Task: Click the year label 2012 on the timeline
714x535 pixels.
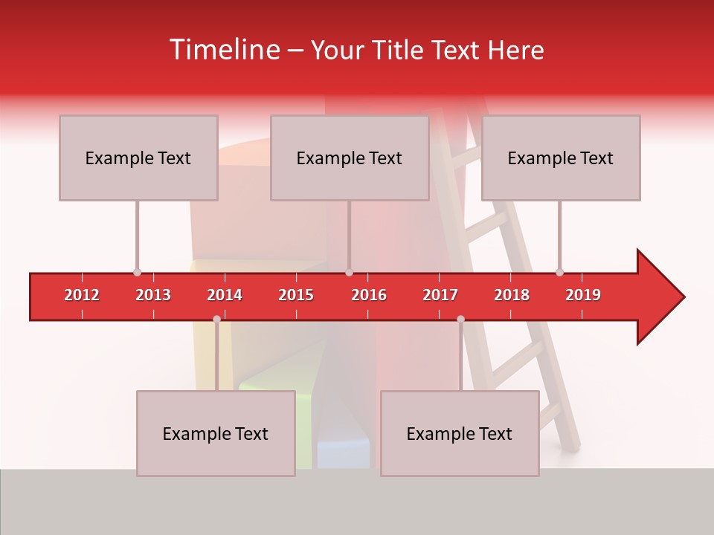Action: click(x=82, y=295)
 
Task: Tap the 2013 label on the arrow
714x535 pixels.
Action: click(x=153, y=295)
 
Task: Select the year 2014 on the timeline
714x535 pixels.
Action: click(x=225, y=295)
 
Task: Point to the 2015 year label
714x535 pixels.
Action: click(x=296, y=295)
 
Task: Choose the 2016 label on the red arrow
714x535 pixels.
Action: click(x=369, y=295)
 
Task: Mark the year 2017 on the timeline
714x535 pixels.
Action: click(x=440, y=295)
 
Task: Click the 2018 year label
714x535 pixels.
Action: click(x=512, y=295)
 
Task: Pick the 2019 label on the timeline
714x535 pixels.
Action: click(x=583, y=295)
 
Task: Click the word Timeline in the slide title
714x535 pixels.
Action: click(x=223, y=50)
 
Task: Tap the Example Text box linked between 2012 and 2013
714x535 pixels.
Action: click(x=138, y=158)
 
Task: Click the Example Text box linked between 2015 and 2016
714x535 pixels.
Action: click(x=350, y=158)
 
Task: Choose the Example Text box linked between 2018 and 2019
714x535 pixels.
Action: click(x=561, y=158)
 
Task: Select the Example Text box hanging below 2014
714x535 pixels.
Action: click(x=216, y=433)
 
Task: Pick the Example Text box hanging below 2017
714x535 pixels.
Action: click(x=460, y=433)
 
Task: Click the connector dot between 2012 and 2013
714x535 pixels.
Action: click(x=137, y=272)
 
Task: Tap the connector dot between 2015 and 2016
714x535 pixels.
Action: click(x=349, y=272)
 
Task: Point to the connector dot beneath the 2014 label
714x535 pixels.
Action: click(x=216, y=319)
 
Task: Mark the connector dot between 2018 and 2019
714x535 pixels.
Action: click(x=559, y=272)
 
